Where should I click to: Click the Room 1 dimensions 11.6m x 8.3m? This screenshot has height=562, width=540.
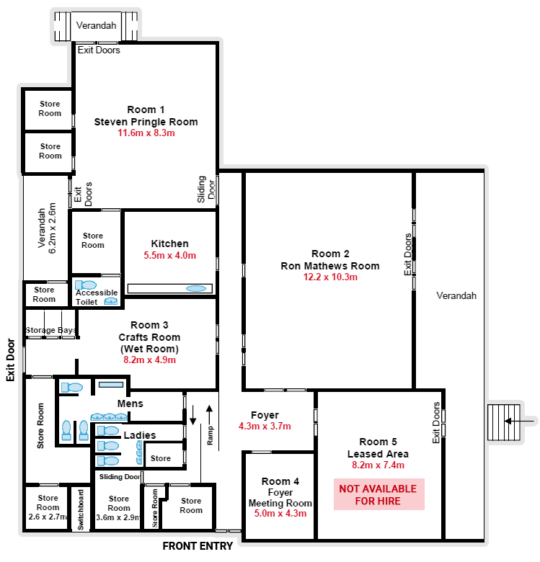tap(146, 133)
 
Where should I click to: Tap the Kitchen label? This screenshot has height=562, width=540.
tap(169, 244)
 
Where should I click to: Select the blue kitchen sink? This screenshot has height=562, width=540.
tap(196, 288)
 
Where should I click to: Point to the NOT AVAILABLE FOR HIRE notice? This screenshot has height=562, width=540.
tap(379, 494)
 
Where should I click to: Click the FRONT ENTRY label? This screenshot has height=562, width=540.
tap(198, 546)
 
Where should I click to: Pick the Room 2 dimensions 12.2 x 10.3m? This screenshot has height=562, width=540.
tap(330, 277)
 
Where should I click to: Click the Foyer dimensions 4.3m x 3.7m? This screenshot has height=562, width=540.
tap(265, 426)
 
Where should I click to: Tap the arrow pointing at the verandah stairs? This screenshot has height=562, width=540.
tap(521, 421)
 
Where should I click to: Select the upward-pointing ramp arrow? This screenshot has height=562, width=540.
tap(209, 415)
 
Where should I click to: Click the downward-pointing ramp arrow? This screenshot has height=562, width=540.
tap(193, 415)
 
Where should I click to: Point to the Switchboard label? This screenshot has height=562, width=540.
tap(81, 509)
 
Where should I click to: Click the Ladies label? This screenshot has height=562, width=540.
tap(140, 435)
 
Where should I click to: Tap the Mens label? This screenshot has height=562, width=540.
tap(130, 404)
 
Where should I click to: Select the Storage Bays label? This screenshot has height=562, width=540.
tap(50, 330)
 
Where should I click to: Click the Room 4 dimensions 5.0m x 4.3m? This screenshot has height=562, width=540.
tap(280, 513)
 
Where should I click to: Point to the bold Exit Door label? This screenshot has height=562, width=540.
tap(10, 360)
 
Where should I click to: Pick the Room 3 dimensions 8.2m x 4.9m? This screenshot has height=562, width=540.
tap(149, 360)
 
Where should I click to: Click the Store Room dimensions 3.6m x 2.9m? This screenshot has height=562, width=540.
tap(118, 517)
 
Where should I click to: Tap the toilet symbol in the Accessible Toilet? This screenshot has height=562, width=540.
tap(86, 285)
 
